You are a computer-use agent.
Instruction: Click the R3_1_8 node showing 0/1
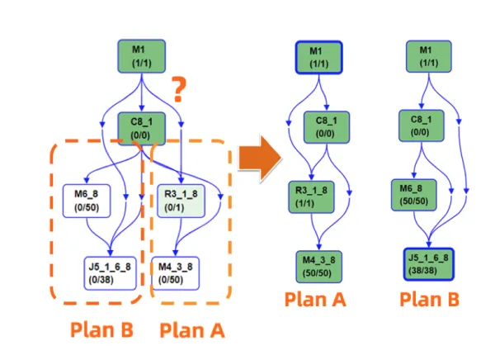[x=180, y=199]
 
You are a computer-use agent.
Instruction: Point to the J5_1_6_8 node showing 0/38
[x=111, y=272]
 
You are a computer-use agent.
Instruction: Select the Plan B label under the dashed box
[x=100, y=329]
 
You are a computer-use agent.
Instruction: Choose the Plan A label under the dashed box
[x=191, y=329]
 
